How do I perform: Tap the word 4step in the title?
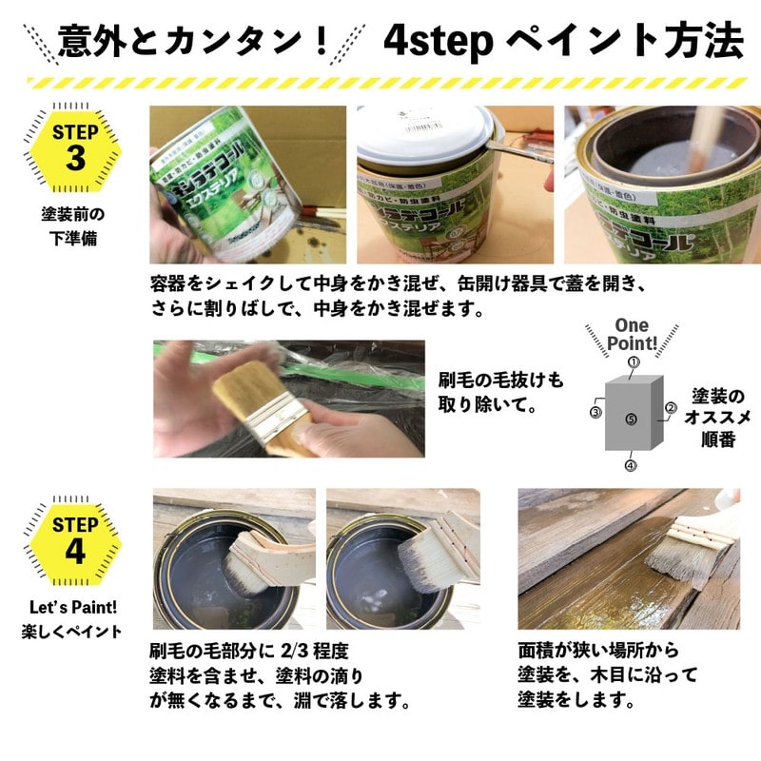click(438, 40)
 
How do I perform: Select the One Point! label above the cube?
click(632, 335)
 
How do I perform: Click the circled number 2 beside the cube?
click(670, 408)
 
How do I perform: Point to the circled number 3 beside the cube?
click(595, 413)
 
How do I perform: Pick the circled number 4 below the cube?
click(630, 465)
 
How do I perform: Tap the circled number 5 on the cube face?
click(631, 419)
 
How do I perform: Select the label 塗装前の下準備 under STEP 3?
click(73, 225)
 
